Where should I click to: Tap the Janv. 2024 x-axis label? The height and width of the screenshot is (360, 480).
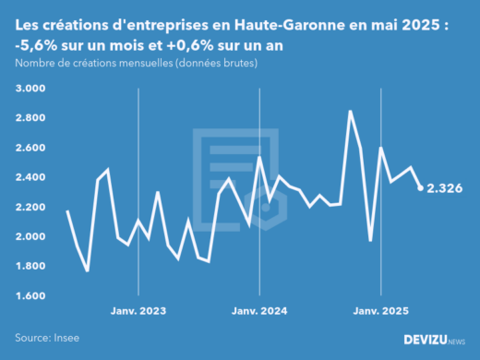[258, 311]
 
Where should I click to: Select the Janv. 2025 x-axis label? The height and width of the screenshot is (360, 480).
[379, 311]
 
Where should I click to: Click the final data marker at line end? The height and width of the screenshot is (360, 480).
[421, 188]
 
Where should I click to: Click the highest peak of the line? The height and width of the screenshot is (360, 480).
[350, 111]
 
